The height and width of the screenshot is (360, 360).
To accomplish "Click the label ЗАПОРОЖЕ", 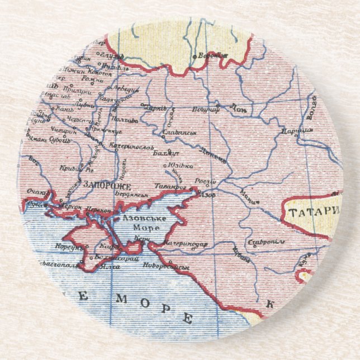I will [106, 185].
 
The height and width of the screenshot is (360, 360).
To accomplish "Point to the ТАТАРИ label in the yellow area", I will [314, 211].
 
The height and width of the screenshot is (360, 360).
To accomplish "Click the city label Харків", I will [155, 107].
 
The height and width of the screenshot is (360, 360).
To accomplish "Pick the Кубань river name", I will [241, 254].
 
